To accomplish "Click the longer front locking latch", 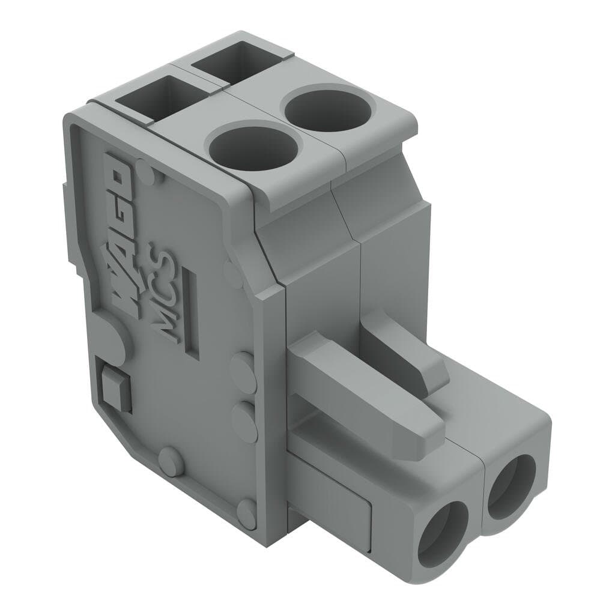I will pyautogui.click(x=366, y=384).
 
